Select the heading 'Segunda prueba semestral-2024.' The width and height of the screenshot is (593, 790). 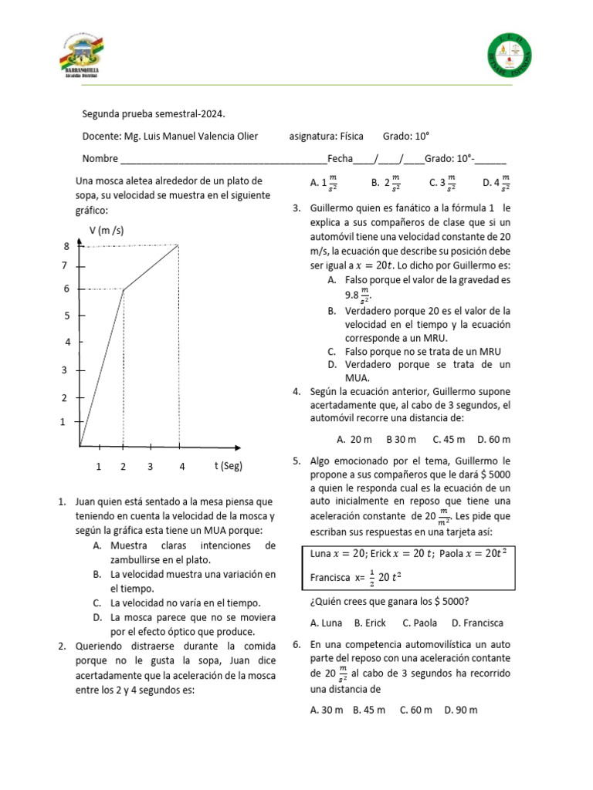coord(154,114)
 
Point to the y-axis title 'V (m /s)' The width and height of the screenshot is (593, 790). coord(107,230)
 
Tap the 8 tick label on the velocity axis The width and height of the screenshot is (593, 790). coord(67,246)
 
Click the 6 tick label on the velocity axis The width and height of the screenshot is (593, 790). coord(67,289)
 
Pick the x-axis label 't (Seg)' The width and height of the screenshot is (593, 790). coord(229,466)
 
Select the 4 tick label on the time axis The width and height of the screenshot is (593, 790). coord(182,467)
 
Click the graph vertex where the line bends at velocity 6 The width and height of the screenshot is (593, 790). coord(124,289)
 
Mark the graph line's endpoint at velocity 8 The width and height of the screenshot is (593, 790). coord(179,245)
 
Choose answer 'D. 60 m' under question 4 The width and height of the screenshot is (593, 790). coord(494,439)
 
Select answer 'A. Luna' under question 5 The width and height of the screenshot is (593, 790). coord(327,623)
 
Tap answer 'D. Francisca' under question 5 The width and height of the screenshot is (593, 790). coord(477,623)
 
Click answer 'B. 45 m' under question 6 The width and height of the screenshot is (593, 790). coord(369,710)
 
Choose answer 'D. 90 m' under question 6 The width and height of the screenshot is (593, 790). coord(461,710)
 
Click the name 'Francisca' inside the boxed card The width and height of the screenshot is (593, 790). coord(330,576)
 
